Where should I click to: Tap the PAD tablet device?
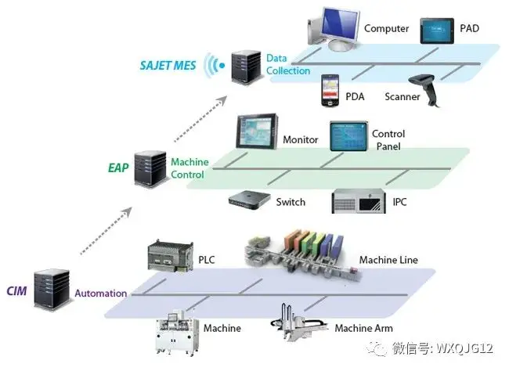439,32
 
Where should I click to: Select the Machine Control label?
190,168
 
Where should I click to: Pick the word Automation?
100,294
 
